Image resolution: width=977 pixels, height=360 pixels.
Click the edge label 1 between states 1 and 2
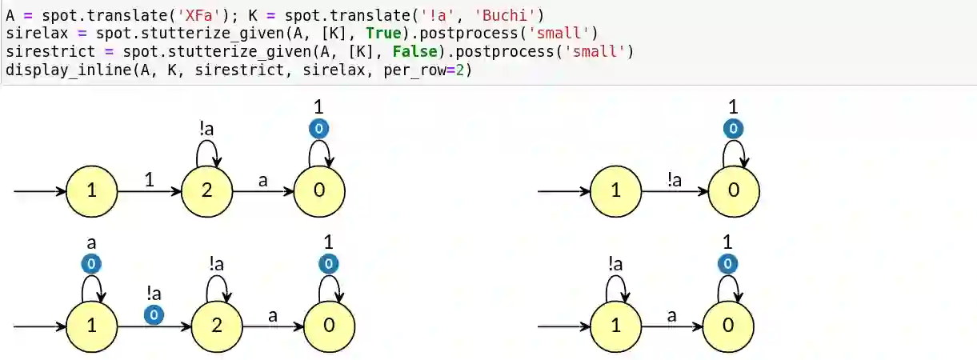tap(149, 180)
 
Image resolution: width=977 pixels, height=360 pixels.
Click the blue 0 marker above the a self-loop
tap(91, 263)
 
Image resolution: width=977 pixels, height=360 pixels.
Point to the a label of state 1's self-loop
tap(91, 241)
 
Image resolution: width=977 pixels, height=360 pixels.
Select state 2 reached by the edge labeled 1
tap(206, 190)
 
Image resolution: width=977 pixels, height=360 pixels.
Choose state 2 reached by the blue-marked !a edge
tap(216, 326)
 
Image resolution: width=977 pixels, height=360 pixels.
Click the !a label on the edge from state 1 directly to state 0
tap(675, 180)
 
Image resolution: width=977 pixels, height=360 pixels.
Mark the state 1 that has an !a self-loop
tap(615, 326)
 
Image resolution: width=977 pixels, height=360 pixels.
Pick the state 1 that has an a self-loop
tap(91, 326)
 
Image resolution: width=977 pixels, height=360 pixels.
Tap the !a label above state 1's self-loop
tap(615, 263)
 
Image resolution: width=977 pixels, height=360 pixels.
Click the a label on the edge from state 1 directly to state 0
tap(671, 314)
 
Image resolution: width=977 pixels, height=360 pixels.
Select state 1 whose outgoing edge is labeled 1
tap(91, 190)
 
